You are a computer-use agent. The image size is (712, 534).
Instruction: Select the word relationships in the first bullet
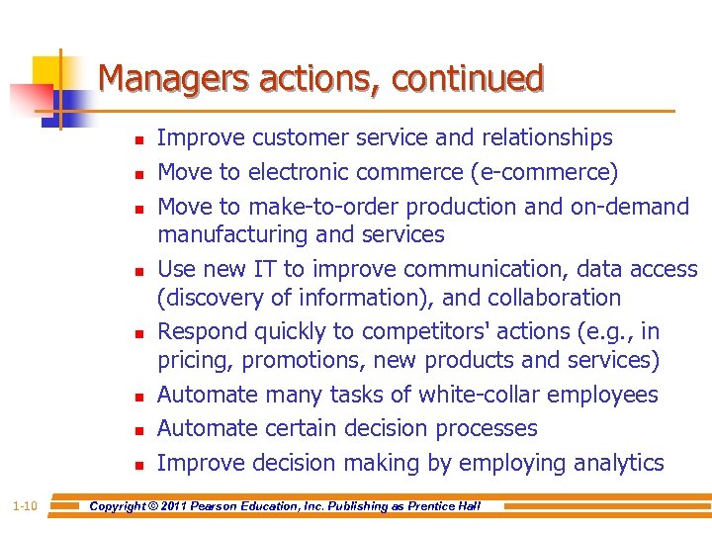coord(547,138)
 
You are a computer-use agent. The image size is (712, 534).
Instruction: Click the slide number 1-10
coord(26,506)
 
